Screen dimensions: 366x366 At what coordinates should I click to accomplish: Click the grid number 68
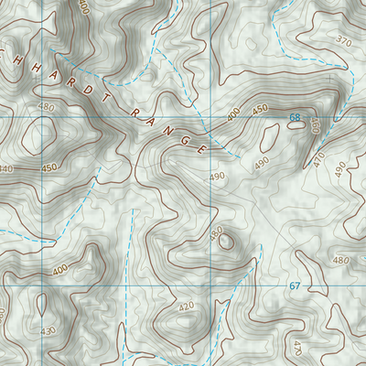click(295, 117)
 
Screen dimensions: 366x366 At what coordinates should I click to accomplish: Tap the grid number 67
click(295, 286)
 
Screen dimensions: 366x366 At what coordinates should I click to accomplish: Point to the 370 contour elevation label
click(343, 41)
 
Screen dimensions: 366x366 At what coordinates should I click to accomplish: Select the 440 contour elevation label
click(5, 169)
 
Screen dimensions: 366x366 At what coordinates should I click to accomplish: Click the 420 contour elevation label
click(186, 307)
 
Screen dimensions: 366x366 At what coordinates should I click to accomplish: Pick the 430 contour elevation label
click(48, 330)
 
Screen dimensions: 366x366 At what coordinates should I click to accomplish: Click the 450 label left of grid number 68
click(260, 109)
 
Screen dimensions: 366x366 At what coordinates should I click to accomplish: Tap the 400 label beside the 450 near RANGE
click(233, 114)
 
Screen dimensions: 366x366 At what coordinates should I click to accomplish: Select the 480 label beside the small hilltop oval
click(216, 233)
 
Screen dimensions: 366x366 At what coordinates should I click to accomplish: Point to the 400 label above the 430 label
click(60, 271)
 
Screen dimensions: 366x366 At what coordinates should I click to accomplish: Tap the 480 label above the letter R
click(46, 107)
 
